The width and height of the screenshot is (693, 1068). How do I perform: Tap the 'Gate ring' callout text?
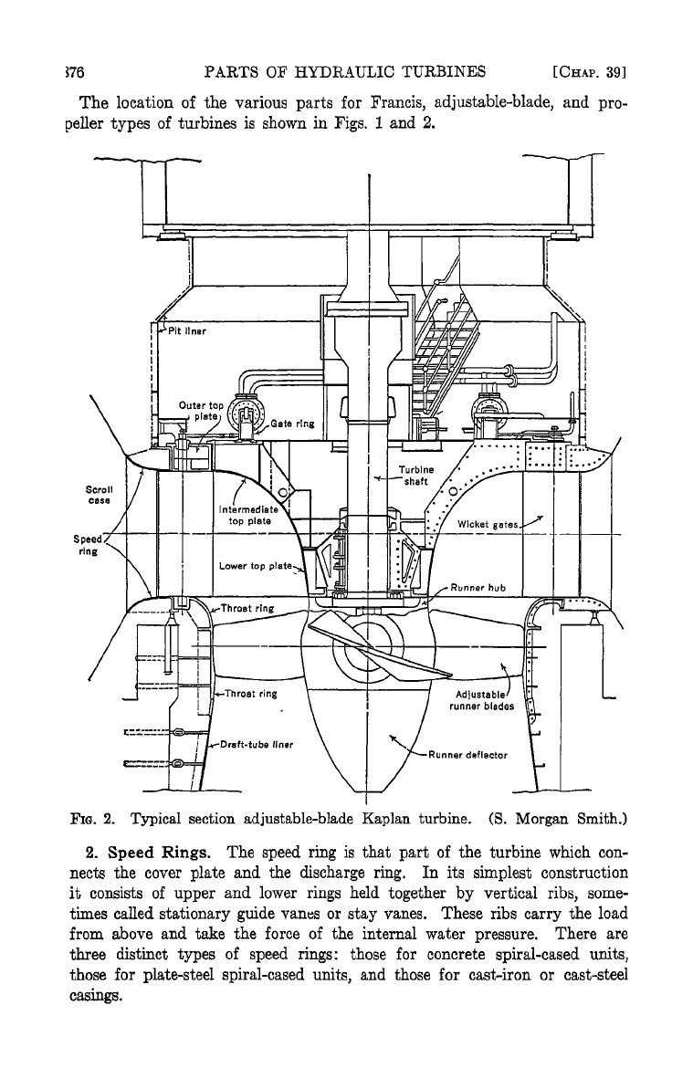(293, 424)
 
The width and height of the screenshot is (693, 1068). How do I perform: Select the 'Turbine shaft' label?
(415, 476)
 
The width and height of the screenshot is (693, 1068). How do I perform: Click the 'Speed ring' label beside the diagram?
(88, 545)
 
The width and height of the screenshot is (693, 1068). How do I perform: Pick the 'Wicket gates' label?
(488, 525)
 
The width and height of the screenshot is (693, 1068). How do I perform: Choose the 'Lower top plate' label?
(256, 566)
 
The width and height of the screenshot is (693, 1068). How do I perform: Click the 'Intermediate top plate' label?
(248, 515)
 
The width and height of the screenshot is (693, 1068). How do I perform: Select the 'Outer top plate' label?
(201, 411)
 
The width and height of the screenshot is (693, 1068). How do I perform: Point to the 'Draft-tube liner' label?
(257, 745)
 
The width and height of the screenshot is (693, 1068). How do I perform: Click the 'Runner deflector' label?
(467, 755)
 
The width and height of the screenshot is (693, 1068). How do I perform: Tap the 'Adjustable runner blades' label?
(482, 700)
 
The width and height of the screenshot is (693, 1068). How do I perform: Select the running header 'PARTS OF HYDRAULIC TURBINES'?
(345, 71)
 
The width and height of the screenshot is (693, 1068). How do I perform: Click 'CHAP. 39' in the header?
(590, 72)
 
